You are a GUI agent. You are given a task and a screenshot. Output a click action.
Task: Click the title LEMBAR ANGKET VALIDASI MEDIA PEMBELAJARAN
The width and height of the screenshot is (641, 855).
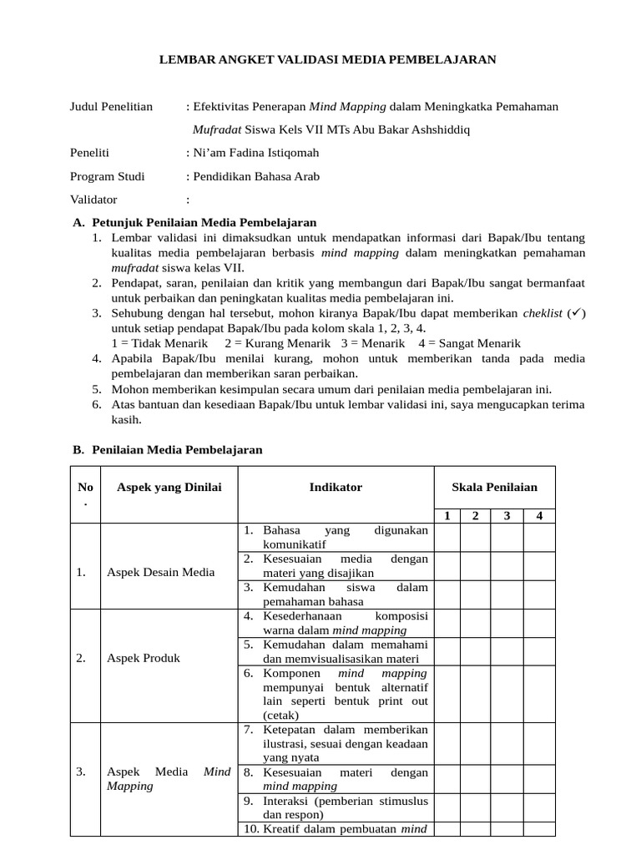tap(328, 59)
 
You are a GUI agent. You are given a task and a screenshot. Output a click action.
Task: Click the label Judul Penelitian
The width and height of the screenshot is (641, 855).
tap(111, 106)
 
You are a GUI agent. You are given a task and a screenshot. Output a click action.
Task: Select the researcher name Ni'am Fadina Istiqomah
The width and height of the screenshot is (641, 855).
tap(255, 153)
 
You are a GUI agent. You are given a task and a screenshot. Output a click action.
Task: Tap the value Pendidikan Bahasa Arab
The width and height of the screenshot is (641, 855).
tap(256, 176)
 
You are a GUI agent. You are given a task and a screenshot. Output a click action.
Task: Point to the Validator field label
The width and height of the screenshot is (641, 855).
tap(93, 200)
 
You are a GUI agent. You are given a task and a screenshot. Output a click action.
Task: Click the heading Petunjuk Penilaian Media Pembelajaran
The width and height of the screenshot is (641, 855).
tap(204, 222)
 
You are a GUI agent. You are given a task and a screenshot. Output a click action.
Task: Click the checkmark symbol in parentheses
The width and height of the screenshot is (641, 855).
tap(577, 313)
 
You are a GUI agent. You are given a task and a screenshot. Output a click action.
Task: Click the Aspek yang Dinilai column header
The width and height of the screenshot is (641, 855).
tap(169, 487)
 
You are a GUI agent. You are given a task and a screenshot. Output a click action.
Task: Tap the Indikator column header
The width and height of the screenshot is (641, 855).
tap(336, 487)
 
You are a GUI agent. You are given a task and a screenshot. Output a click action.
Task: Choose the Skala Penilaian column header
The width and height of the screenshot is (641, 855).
tap(494, 487)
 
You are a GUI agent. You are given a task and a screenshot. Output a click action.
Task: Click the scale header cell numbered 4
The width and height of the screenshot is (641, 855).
tap(539, 515)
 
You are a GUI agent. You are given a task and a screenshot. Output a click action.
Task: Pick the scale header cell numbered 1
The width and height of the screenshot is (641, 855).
tap(447, 515)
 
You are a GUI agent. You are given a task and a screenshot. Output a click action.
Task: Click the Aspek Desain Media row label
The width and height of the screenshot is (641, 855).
tap(161, 572)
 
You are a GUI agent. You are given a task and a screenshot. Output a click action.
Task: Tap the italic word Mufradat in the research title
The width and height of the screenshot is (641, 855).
tap(217, 129)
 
